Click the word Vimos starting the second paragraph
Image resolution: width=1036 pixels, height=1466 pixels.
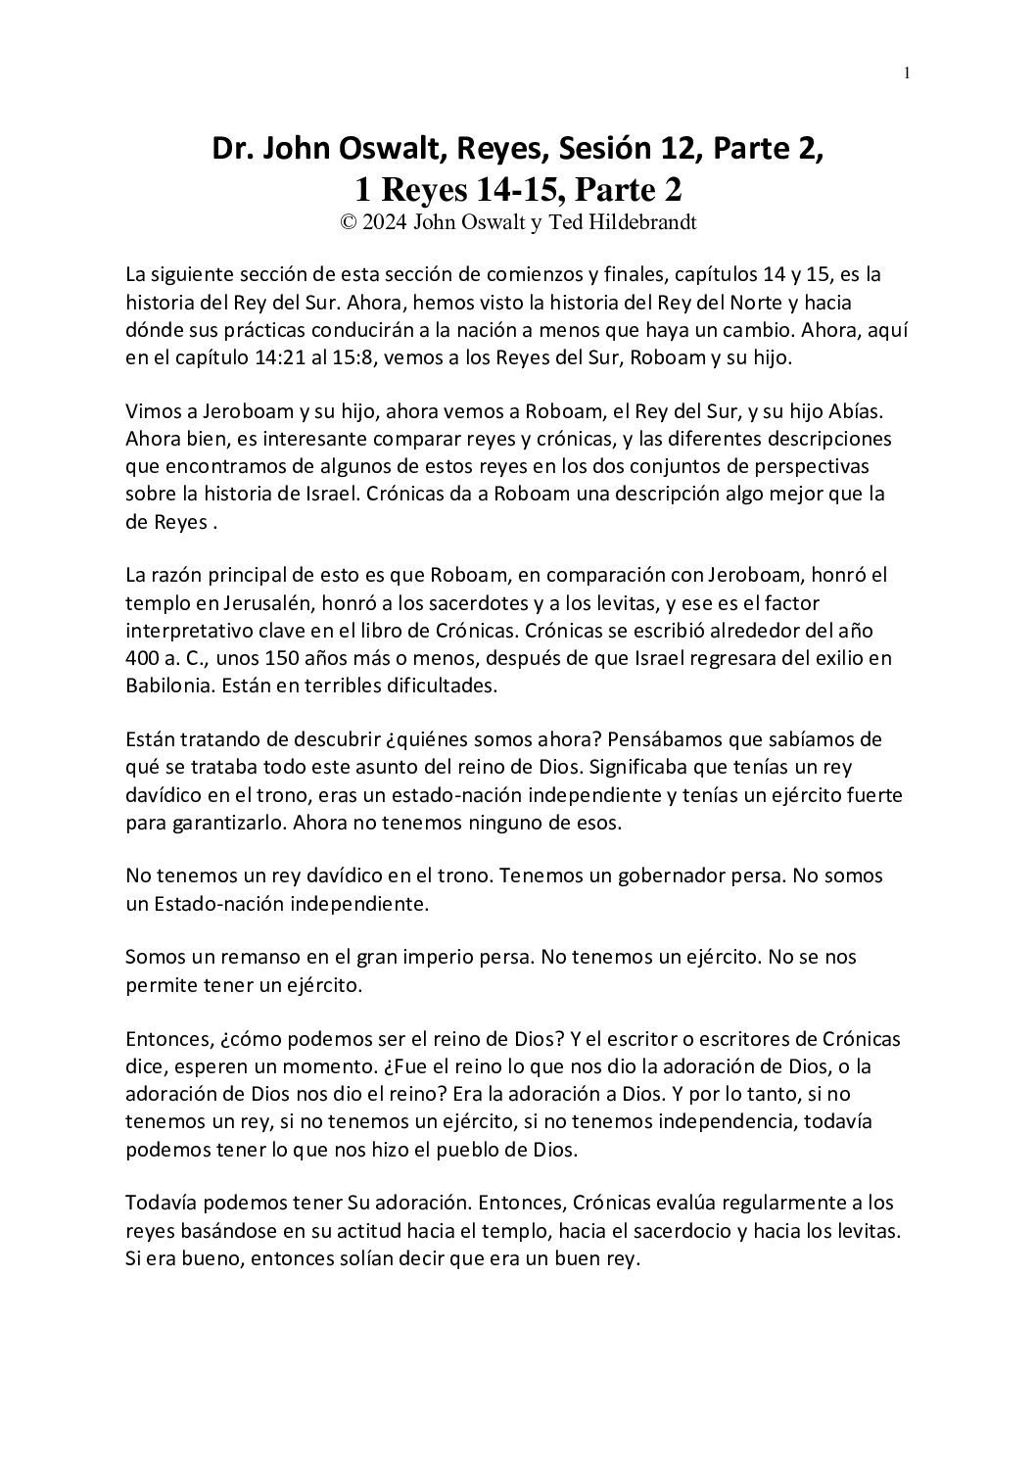[x=152, y=410]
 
